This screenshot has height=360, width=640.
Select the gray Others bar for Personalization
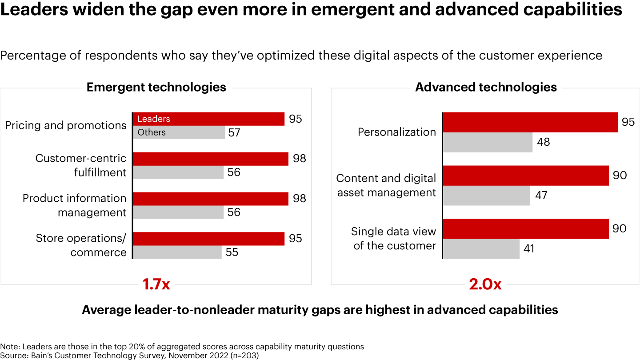(x=488, y=142)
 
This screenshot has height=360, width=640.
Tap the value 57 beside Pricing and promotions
(x=234, y=132)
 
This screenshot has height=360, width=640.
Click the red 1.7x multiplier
(x=156, y=284)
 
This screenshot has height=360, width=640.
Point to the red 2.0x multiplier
(x=485, y=284)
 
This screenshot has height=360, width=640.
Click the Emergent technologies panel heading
(x=156, y=87)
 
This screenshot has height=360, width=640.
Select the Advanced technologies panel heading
(x=486, y=87)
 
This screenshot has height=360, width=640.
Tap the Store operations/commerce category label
(x=81, y=245)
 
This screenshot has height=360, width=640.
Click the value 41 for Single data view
(x=528, y=248)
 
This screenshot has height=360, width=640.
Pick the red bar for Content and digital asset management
(x=526, y=175)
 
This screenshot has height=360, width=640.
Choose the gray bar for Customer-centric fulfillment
(x=178, y=172)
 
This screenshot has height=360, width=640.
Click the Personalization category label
(x=396, y=132)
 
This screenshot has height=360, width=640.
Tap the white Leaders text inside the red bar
(x=154, y=119)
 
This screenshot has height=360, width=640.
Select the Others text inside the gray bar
(x=152, y=132)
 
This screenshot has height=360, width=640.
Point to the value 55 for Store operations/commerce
(x=232, y=252)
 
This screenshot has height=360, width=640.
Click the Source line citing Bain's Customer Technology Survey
(x=129, y=355)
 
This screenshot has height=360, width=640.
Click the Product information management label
(x=75, y=205)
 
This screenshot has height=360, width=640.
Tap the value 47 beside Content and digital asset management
(x=541, y=195)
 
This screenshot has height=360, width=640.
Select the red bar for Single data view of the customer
(x=526, y=228)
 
